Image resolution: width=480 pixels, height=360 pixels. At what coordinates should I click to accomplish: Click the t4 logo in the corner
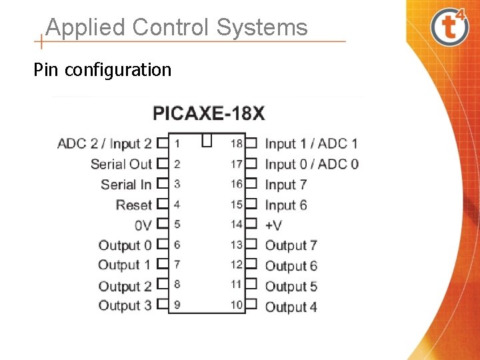450,27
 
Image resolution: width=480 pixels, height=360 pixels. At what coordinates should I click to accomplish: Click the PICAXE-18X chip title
209,113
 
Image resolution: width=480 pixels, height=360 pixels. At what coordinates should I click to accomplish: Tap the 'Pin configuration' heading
103,69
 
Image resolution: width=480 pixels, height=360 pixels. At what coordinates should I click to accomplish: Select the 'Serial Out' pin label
121,164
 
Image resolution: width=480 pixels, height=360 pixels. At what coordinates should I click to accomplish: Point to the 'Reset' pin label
134,205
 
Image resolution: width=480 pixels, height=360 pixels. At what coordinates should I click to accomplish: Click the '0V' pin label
143,225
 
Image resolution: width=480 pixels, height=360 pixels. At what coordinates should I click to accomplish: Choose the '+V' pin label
273,225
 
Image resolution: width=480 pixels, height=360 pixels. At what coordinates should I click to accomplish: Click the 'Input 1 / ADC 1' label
311,143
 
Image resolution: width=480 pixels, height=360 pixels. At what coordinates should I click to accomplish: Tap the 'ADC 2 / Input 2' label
105,143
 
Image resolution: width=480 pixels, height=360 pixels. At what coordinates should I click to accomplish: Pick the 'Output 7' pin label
291,245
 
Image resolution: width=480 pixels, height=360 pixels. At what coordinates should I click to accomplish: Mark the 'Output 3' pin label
125,306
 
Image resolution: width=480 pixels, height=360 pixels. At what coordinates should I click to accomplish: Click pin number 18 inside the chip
237,143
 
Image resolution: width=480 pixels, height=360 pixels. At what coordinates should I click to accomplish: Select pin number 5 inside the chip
177,225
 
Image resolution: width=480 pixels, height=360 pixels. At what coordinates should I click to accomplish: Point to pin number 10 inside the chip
237,305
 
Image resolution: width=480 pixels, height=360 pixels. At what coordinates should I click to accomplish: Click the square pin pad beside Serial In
161,184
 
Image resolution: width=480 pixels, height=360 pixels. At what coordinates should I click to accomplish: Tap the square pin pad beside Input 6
251,205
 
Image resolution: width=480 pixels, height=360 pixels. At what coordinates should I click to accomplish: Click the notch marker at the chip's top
207,140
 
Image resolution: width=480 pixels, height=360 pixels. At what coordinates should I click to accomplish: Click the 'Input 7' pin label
286,185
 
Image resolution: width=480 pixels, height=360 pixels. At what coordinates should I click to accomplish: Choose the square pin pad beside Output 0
161,245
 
